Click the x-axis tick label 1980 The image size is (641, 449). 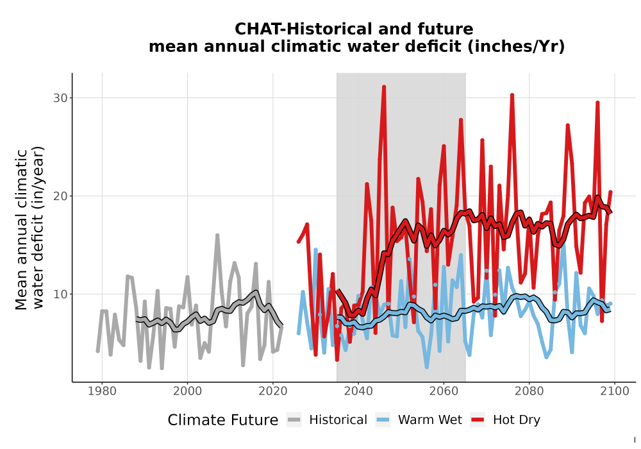(102, 391)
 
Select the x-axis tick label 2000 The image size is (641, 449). (187, 391)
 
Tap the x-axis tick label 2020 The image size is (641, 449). (272, 391)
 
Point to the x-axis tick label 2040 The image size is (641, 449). (358, 391)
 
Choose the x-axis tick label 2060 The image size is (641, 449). (444, 391)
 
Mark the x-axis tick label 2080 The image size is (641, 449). (529, 391)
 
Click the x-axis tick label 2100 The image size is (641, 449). (615, 391)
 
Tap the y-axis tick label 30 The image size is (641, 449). (60, 98)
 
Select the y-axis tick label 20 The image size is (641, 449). (60, 196)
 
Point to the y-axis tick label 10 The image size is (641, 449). (60, 294)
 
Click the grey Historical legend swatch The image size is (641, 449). (294, 420)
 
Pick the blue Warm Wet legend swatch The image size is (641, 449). (383, 420)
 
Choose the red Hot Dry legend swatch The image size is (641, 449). (478, 420)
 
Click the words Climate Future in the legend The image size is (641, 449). (223, 420)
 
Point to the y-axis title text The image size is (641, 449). (29, 229)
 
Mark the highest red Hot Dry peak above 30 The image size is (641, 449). (384, 87)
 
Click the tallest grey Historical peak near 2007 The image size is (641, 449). (217, 235)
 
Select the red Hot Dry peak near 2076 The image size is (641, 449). (512, 96)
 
